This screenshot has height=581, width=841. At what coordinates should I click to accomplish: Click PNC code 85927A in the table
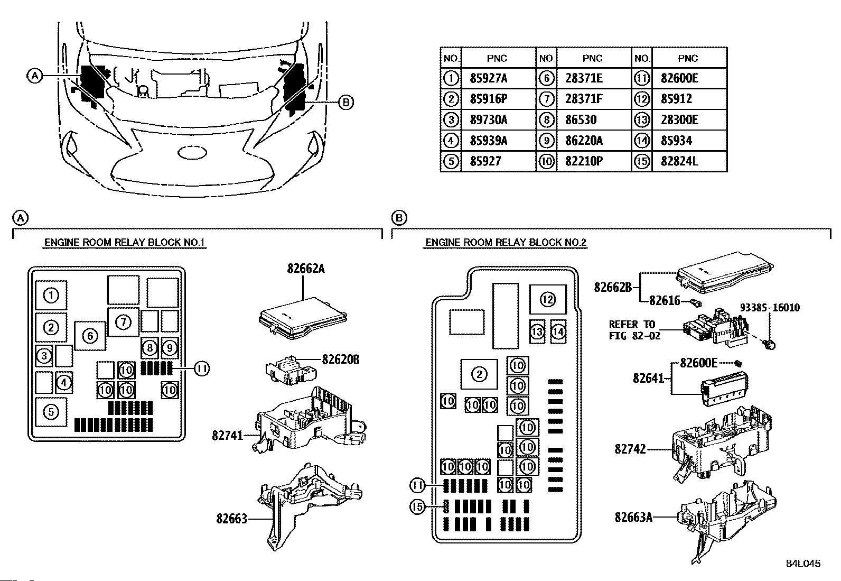489,78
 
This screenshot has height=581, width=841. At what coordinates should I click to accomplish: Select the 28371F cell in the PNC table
584,99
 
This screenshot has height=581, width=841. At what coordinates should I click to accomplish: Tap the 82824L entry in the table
679,161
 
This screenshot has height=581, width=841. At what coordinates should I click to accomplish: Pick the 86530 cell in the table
581,120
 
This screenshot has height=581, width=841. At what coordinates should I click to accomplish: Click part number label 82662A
306,269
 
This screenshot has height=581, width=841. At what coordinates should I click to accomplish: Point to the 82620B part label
341,359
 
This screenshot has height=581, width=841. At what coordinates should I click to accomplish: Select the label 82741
228,435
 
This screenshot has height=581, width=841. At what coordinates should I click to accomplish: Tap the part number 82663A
633,518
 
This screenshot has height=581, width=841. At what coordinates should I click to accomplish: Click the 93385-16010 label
770,307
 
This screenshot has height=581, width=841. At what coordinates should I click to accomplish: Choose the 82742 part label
630,449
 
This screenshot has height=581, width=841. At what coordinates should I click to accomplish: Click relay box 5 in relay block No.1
51,412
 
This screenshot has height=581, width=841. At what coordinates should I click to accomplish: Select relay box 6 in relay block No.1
90,336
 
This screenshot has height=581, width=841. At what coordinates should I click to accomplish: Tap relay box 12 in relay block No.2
548,300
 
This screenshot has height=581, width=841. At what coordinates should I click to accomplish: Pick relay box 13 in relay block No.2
537,331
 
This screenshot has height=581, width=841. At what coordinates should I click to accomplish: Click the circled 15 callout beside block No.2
417,506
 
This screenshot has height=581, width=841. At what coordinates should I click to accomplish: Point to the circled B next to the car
346,102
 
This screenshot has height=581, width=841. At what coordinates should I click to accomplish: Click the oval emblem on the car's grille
192,153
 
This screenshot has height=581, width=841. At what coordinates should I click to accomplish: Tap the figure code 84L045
803,564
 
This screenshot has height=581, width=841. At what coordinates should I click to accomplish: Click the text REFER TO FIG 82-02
634,330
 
